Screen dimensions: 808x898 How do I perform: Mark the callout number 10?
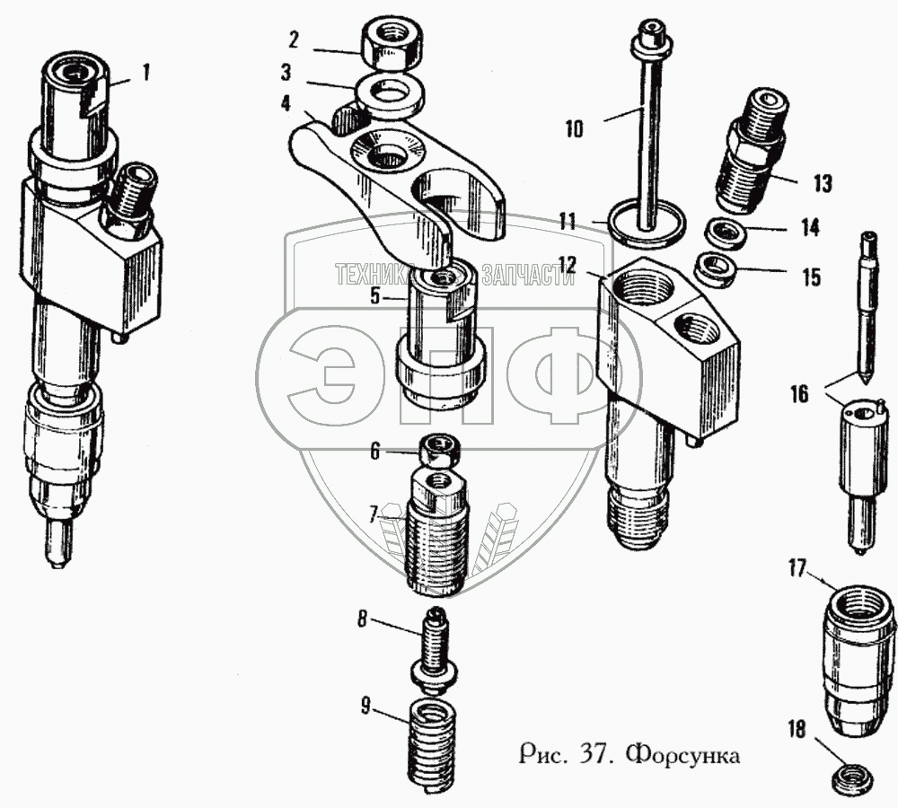574,129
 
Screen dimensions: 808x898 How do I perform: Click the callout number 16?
799,393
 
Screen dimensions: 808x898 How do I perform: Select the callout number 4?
286,103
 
